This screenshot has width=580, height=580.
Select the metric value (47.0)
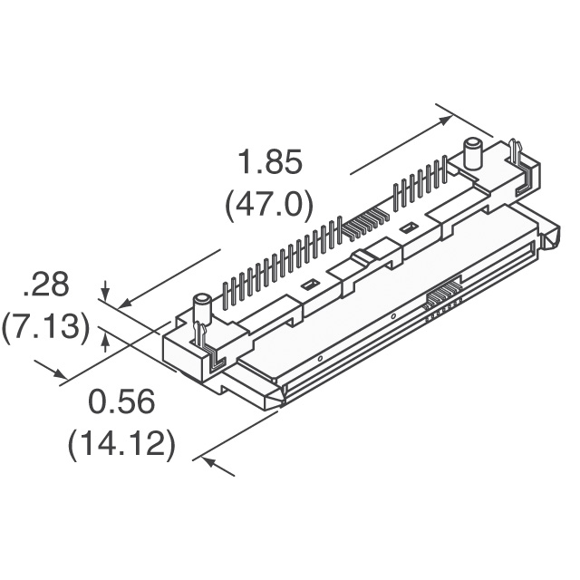tap(268, 204)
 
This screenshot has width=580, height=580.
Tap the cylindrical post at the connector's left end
tap(201, 307)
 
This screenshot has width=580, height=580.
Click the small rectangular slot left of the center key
tap(308, 285)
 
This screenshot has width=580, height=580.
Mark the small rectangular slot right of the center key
tap(410, 226)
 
